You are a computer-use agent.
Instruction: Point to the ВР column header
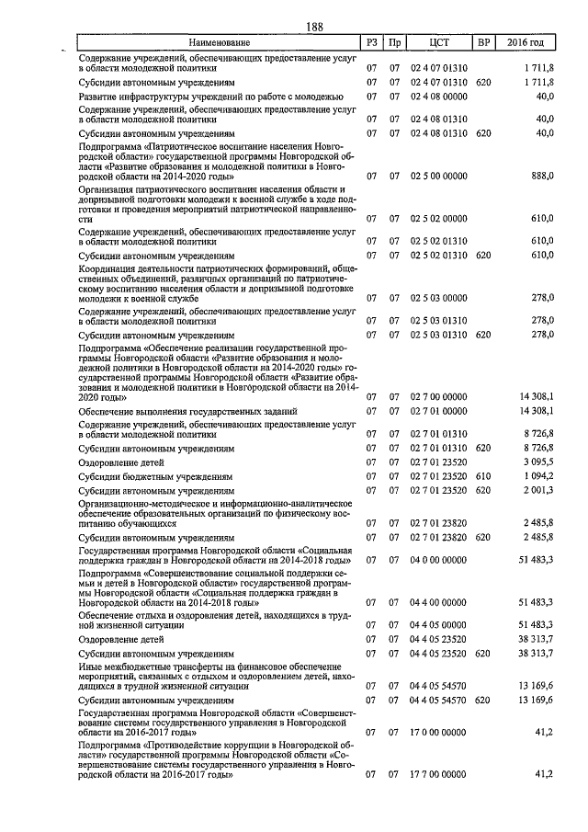click(x=483, y=43)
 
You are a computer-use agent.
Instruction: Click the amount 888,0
click(x=542, y=175)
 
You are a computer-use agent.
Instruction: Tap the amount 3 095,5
click(x=537, y=462)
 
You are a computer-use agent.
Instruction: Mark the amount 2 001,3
click(x=537, y=491)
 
